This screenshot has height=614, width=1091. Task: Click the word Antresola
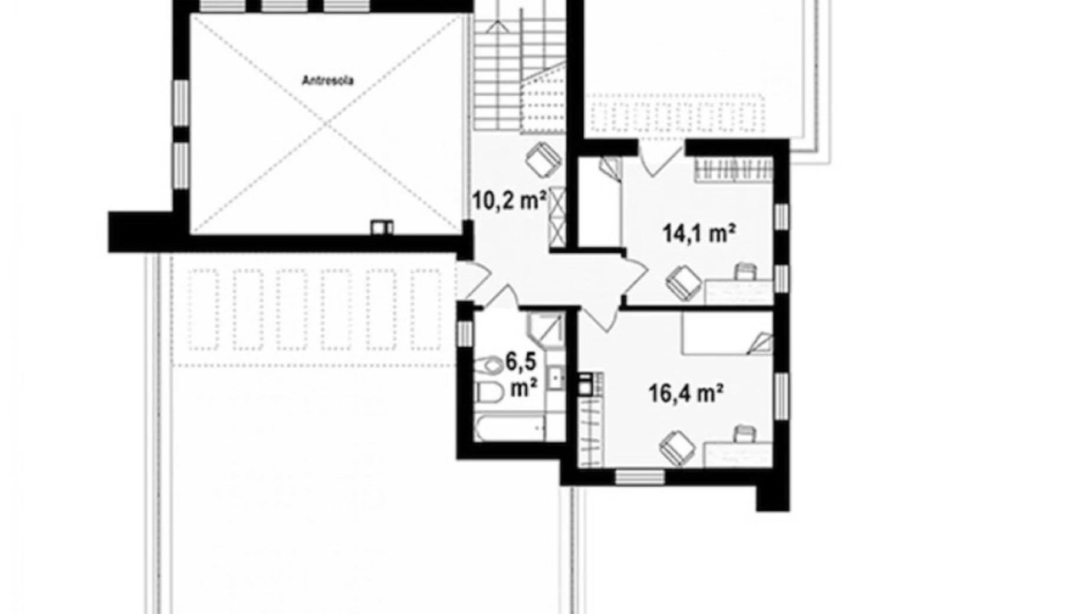(x=327, y=80)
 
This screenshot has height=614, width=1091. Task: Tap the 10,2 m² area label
(x=508, y=201)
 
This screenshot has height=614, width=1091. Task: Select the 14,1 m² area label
(x=699, y=233)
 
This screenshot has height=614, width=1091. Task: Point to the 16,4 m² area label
(x=686, y=393)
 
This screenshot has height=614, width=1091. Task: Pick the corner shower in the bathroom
(x=546, y=331)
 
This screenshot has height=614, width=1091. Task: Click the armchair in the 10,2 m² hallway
(x=543, y=158)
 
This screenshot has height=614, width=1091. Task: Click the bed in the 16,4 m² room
(x=728, y=334)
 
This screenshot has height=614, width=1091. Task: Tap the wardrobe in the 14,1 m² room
(x=732, y=170)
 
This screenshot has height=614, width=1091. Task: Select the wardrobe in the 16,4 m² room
(x=591, y=432)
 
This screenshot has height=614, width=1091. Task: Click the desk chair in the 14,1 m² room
(x=745, y=272)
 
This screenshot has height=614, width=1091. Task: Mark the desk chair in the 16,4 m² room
(x=745, y=434)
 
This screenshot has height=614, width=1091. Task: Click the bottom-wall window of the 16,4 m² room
(x=639, y=476)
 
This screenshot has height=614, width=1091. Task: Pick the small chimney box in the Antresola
(x=382, y=227)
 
